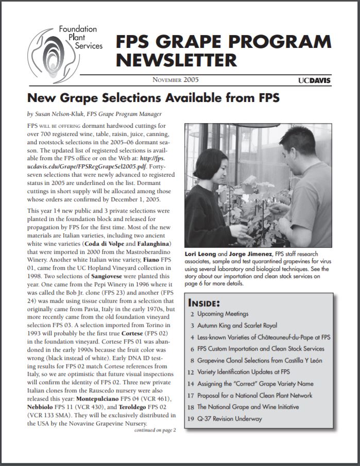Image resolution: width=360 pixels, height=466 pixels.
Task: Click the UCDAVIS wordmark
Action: click(314, 80)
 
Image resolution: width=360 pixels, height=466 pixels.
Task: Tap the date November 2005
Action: click(176, 80)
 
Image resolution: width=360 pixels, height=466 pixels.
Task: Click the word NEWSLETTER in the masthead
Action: click(176, 60)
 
